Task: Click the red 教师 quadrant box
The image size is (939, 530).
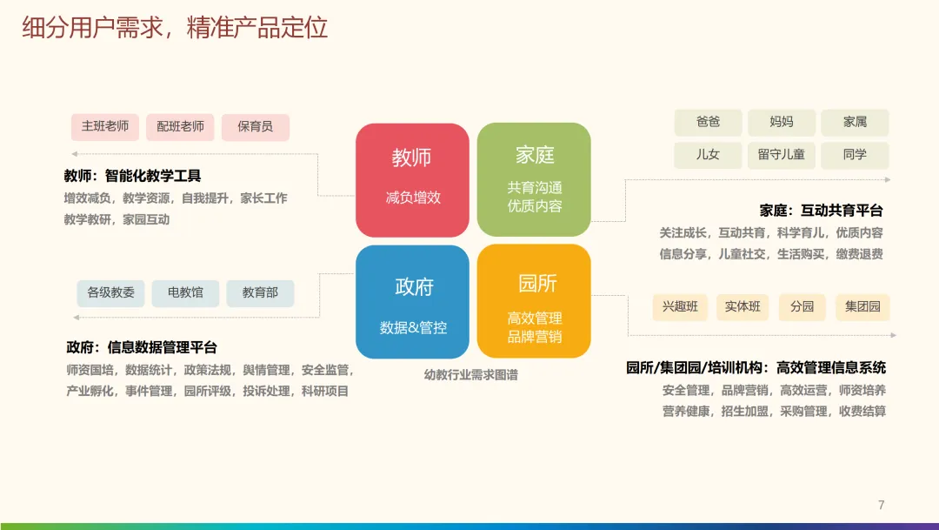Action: pyautogui.click(x=412, y=180)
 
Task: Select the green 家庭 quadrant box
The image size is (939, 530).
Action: pyautogui.click(x=534, y=180)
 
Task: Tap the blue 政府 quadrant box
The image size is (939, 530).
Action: pyautogui.click(x=412, y=302)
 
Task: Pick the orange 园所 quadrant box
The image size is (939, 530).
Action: pyautogui.click(x=534, y=302)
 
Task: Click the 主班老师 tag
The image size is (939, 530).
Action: pyautogui.click(x=105, y=127)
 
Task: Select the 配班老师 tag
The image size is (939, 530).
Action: pyautogui.click(x=180, y=127)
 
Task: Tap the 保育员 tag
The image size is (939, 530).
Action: pyautogui.click(x=255, y=127)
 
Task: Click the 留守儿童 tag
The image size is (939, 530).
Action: pyautogui.click(x=781, y=155)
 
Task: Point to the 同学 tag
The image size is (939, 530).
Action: pyautogui.click(x=855, y=155)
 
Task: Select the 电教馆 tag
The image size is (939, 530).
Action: pyautogui.click(x=185, y=293)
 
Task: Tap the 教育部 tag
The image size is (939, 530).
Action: pyautogui.click(x=260, y=293)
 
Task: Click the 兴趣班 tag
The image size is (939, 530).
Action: pyautogui.click(x=680, y=307)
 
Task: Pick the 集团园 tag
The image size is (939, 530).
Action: pyautogui.click(x=862, y=307)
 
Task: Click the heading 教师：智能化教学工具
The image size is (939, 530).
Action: pyautogui.click(x=132, y=176)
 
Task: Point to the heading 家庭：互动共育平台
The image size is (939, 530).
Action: pyautogui.click(x=821, y=211)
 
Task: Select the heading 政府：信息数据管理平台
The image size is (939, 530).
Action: pyautogui.click(x=142, y=347)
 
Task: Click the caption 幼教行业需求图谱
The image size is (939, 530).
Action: pyautogui.click(x=470, y=375)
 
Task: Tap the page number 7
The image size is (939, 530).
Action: pyautogui.click(x=881, y=505)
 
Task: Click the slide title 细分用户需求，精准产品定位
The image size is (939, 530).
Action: pyautogui.click(x=175, y=28)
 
